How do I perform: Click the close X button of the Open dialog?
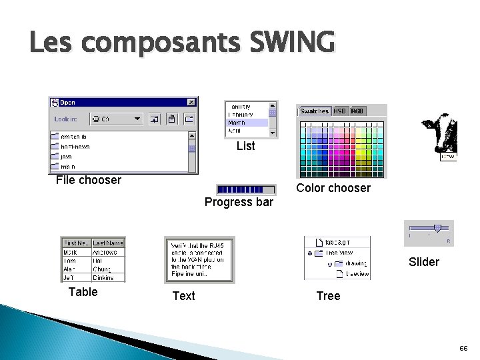pyautogui.click(x=191, y=102)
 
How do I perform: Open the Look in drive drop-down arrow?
pyautogui.click(x=137, y=119)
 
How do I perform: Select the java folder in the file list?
pyautogui.click(x=67, y=157)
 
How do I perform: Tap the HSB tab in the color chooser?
pyautogui.click(x=340, y=111)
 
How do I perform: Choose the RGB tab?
pyautogui.click(x=357, y=111)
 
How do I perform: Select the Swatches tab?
pyautogui.click(x=314, y=111)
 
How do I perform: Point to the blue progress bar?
pyautogui.click(x=246, y=189)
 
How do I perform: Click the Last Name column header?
pyautogui.click(x=108, y=243)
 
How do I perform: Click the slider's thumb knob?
pyautogui.click(x=437, y=228)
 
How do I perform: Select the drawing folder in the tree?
pyautogui.click(x=355, y=264)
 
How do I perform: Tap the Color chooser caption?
pyautogui.click(x=333, y=188)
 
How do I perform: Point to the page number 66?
pyautogui.click(x=463, y=349)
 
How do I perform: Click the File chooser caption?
pyautogui.click(x=89, y=180)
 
